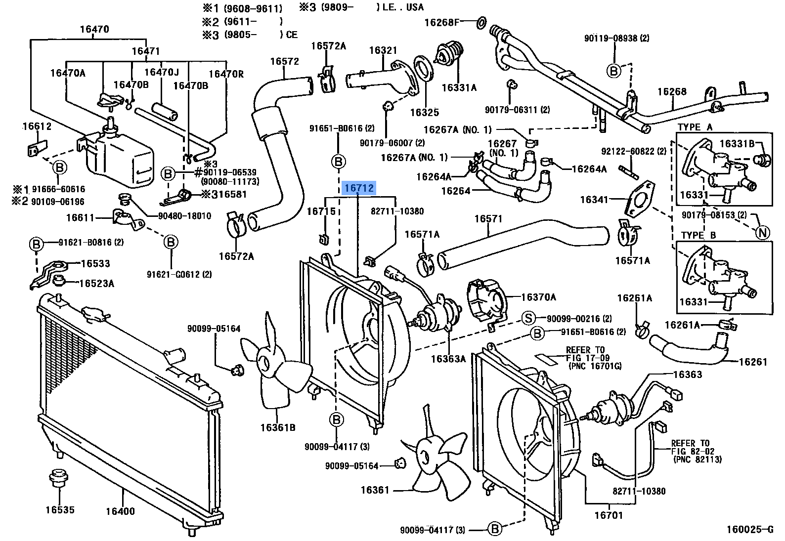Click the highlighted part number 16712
359,188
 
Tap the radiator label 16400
120,511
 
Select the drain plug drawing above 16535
58,478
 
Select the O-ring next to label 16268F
481,22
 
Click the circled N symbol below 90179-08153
763,232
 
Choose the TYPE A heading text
695,127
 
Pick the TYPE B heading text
698,235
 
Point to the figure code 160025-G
749,530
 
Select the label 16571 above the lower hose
488,218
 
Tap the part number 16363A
448,359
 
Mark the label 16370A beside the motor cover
538,297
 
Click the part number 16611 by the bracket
80,217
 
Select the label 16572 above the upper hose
284,61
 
